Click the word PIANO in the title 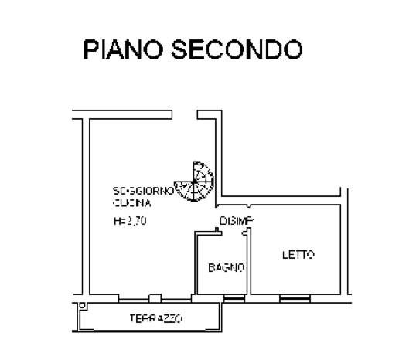click(123, 49)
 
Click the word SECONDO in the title click(237, 49)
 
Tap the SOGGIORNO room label click(144, 191)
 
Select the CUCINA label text click(132, 203)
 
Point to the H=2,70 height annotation click(130, 221)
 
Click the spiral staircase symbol click(194, 182)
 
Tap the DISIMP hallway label click(236, 221)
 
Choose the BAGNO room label click(227, 268)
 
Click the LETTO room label click(298, 255)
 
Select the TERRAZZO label click(156, 318)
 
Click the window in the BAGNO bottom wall click(234, 298)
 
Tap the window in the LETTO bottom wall click(295, 298)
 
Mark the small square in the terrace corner click(82, 305)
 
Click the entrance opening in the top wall click(185, 114)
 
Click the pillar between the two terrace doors click(155, 298)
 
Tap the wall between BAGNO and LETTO click(249, 263)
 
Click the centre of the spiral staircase click(194, 182)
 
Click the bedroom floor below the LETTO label click(296, 277)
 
